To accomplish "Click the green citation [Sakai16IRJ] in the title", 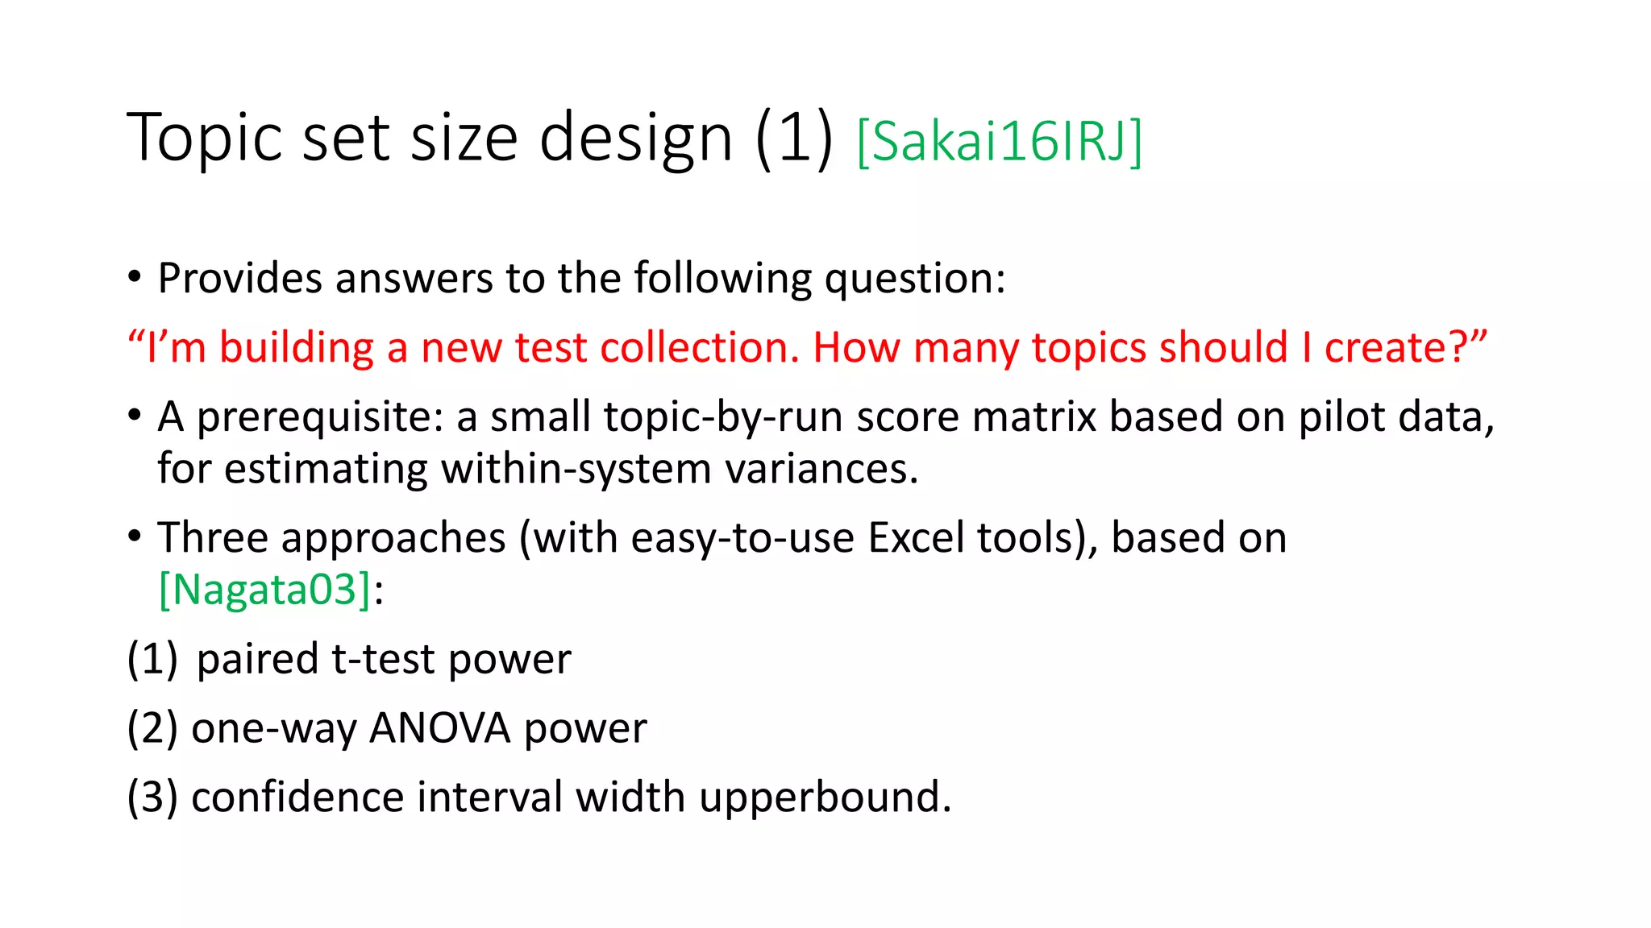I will (x=999, y=142).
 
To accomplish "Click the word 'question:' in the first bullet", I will (x=915, y=279).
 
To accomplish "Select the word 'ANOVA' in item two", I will (x=440, y=728).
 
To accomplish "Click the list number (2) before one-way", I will (x=152, y=728).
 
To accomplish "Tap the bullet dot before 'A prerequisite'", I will (x=135, y=416).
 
